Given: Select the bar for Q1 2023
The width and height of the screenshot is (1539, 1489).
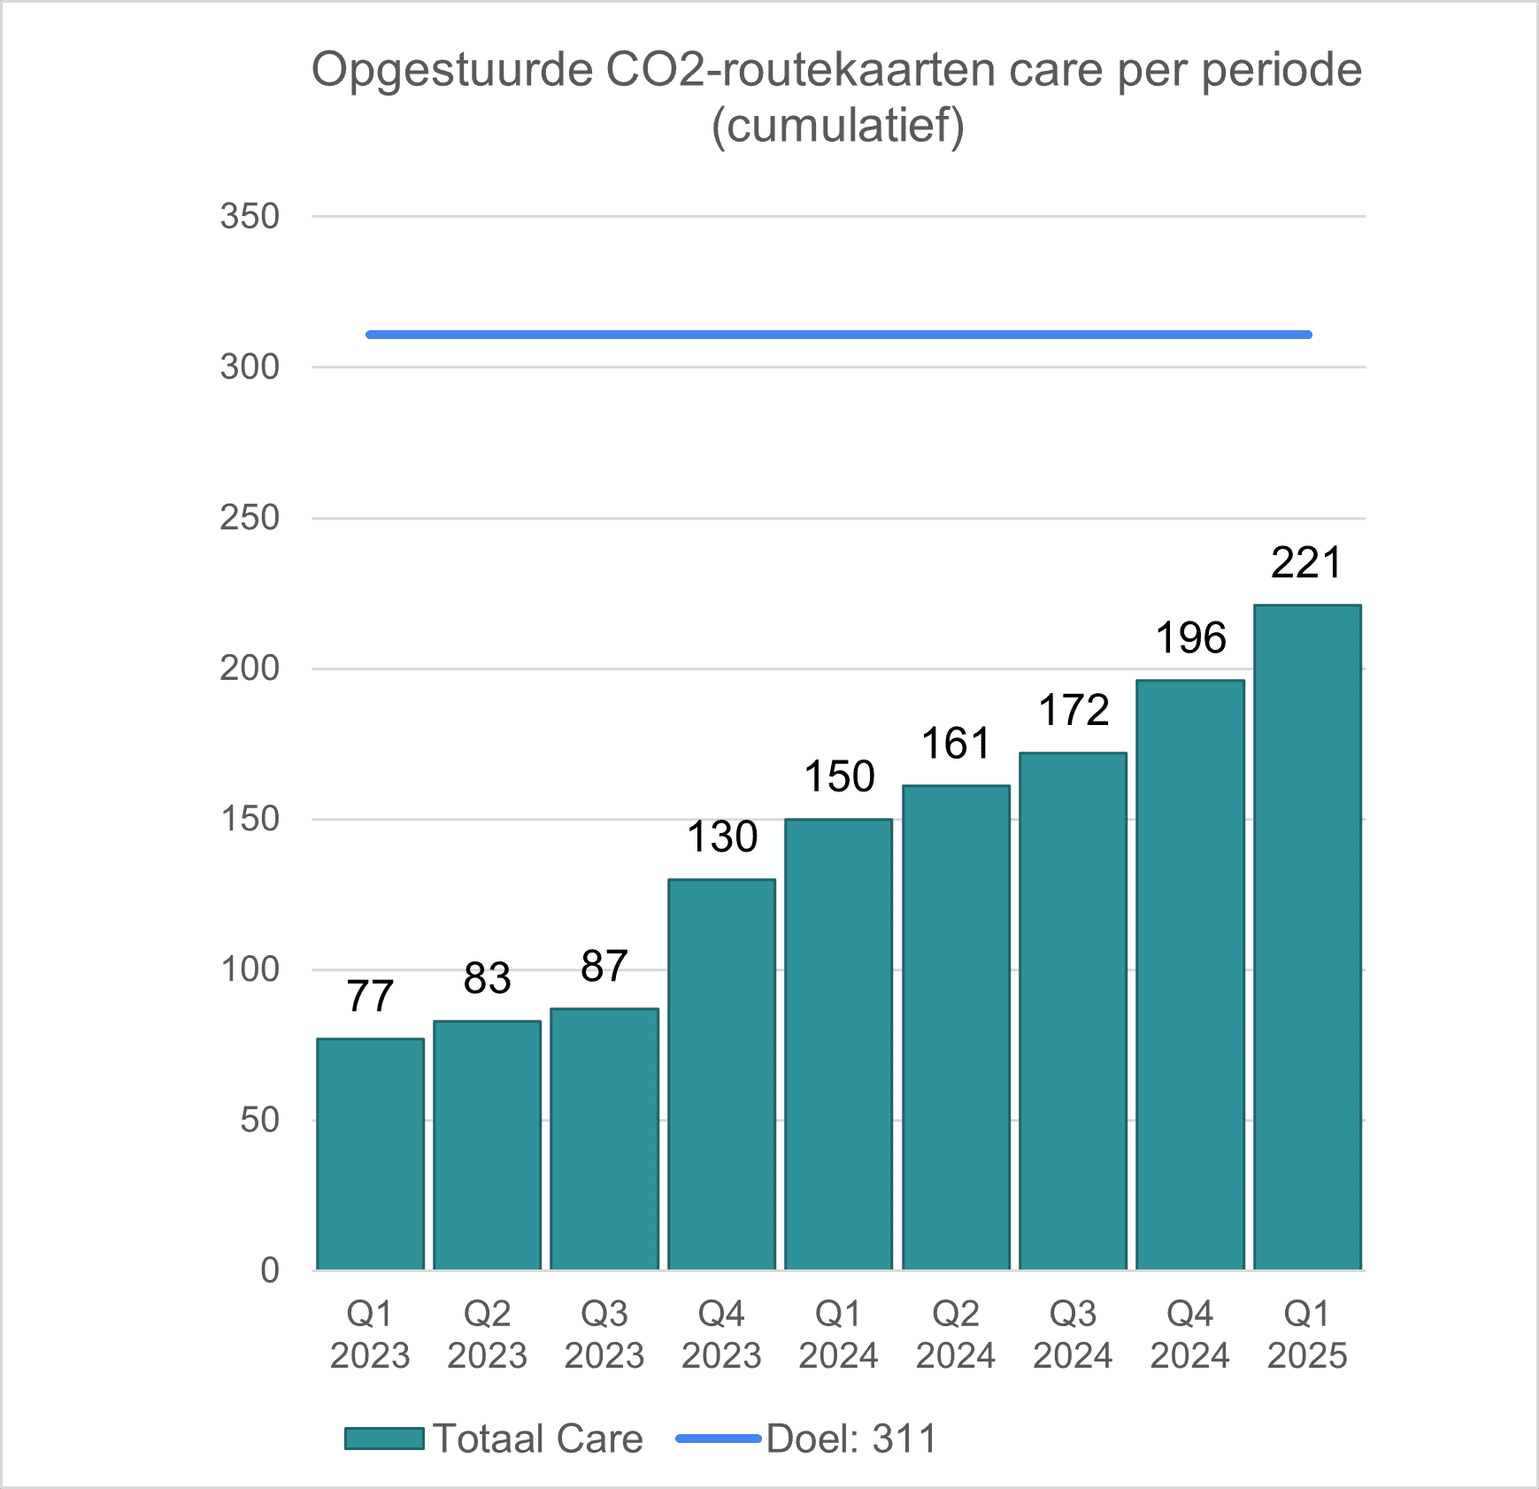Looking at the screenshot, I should coord(370,1154).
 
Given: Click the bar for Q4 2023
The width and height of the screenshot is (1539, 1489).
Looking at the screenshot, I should coord(721,1075).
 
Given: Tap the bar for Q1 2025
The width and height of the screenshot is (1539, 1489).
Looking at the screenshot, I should coord(1307,937).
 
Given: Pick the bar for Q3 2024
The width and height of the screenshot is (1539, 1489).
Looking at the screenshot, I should coord(1073,1011).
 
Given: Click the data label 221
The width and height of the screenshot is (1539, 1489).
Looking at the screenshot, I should coord(1306,563).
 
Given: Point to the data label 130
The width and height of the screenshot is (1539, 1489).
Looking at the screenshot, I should coord(722,837).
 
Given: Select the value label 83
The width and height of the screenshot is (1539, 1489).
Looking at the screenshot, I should coord(487,978).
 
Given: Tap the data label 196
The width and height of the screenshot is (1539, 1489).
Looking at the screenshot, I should coord(1190,638).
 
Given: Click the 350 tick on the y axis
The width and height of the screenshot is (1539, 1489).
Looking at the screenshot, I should coord(250,217).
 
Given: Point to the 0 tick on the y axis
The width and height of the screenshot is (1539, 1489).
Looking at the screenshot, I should coord(270,1270).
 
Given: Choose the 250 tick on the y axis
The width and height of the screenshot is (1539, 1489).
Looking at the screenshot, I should coord(250,518).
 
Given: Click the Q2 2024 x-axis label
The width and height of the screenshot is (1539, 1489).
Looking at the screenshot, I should coord(956,1334).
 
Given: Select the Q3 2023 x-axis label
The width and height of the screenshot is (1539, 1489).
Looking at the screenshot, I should coord(604,1334).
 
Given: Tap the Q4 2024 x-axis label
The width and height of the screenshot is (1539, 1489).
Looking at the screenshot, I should coord(1189,1334).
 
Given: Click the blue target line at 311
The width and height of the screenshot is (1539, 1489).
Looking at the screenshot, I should coord(838,335).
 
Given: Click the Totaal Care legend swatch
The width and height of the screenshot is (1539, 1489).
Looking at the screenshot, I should coord(384,1439).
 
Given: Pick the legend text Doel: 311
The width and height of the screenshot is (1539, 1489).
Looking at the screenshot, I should coord(851,1439).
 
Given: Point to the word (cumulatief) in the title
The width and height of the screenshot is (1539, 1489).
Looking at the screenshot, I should coord(838,126).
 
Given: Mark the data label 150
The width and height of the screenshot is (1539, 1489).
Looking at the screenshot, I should coord(839,777).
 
